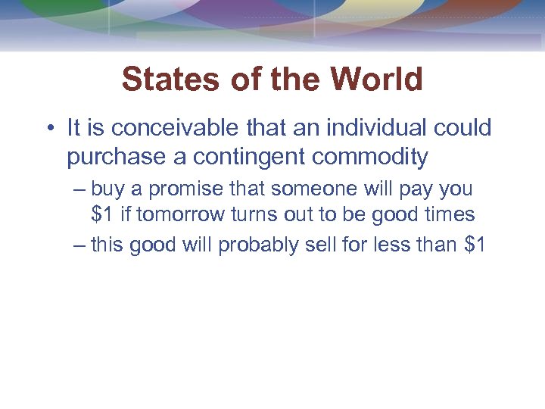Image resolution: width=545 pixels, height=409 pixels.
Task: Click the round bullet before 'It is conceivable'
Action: pyautogui.click(x=50, y=129)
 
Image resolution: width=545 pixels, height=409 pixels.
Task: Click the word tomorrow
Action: pyautogui.click(x=181, y=215)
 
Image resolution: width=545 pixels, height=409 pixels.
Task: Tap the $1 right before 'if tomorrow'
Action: pyautogui.click(x=102, y=215)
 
